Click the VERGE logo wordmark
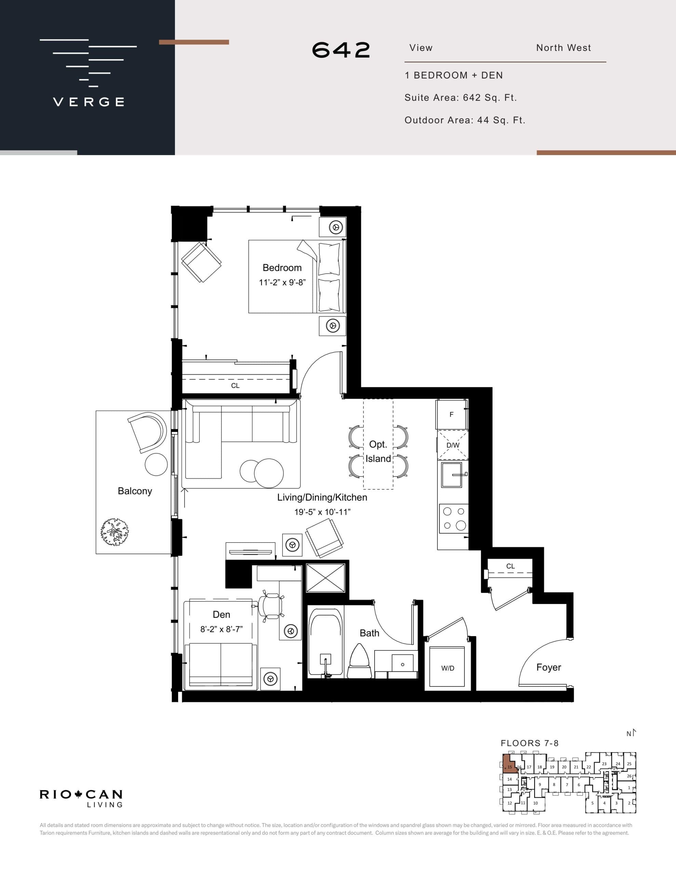[89, 102]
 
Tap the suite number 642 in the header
[341, 50]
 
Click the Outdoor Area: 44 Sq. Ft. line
[464, 120]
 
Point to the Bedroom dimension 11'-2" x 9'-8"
[282, 282]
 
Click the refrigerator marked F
[451, 415]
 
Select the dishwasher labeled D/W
[452, 445]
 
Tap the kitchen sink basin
[451, 475]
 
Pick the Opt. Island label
[378, 452]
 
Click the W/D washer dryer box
[448, 668]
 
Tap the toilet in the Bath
[359, 661]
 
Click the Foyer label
[548, 667]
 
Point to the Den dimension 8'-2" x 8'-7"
[221, 629]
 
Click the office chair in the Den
[269, 607]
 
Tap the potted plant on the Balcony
[114, 533]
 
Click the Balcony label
[135, 491]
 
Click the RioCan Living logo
[81, 797]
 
